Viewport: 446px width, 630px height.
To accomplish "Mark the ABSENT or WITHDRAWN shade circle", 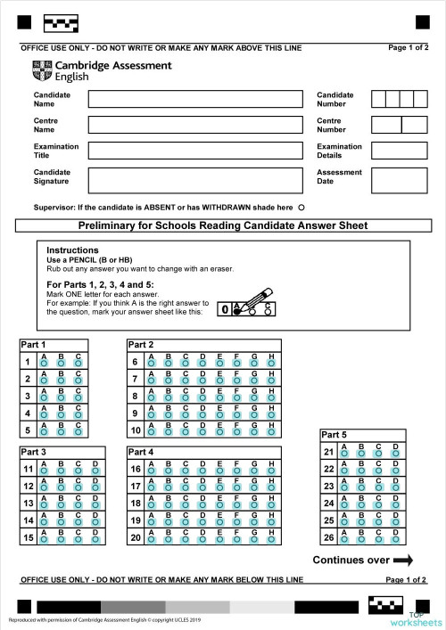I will (x=301, y=207).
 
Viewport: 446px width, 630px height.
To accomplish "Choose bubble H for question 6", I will (x=270, y=364).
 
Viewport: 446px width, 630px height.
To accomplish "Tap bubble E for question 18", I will (x=219, y=506).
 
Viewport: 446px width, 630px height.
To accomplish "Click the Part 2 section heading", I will (x=141, y=344).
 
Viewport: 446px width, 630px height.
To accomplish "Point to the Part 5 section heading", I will (x=335, y=434).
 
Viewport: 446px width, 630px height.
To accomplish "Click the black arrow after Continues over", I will (x=402, y=560).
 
